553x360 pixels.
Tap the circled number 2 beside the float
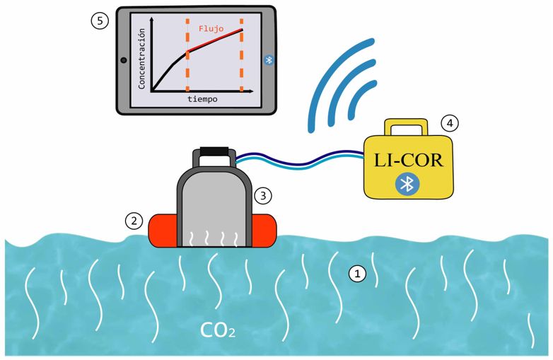pos(134,221)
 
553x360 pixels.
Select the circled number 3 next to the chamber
pos(262,193)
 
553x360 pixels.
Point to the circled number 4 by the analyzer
pos(449,122)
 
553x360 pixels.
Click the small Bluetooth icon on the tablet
pos(268,60)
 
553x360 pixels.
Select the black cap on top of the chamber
pos(214,151)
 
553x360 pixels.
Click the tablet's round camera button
pos(124,60)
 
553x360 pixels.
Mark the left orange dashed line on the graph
pos(187,57)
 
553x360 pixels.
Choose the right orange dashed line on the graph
pos(241,57)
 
